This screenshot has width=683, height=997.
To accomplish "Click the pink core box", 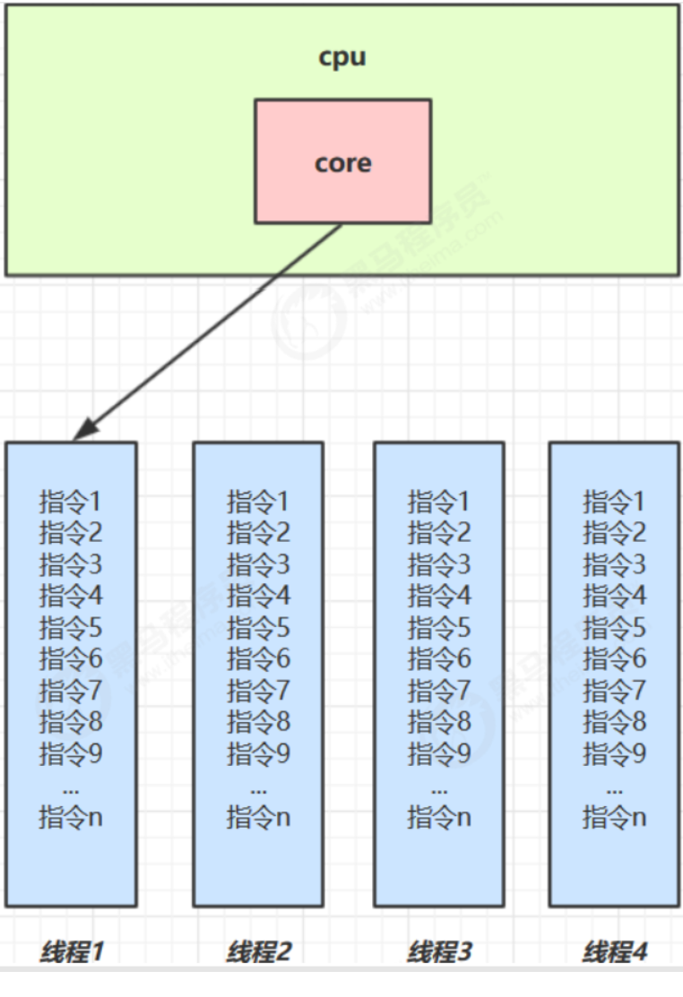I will pyautogui.click(x=342, y=161).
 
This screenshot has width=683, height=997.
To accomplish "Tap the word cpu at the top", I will pyautogui.click(x=342, y=57).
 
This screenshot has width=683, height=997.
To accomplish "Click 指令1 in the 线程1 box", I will pyautogui.click(x=71, y=501).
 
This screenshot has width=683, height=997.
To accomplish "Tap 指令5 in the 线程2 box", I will pyautogui.click(x=258, y=627).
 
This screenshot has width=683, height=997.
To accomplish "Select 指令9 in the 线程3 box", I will pyautogui.click(x=438, y=753).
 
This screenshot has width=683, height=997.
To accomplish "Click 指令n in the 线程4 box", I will pyautogui.click(x=614, y=817).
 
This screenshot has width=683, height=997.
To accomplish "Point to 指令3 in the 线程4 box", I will pyautogui.click(x=614, y=564).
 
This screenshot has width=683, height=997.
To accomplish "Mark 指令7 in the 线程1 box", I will pyautogui.click(x=71, y=691).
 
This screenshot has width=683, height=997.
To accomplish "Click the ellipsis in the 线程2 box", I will pyautogui.click(x=258, y=789).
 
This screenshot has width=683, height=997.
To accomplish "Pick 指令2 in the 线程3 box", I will pyautogui.click(x=438, y=533).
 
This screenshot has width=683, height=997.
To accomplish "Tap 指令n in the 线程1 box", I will pyautogui.click(x=71, y=817).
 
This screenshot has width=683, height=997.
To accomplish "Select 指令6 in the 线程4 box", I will pyautogui.click(x=614, y=659).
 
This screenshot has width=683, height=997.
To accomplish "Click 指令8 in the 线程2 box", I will pyautogui.click(x=258, y=722).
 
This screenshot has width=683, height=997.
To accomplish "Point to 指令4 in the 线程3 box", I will pyautogui.click(x=438, y=596).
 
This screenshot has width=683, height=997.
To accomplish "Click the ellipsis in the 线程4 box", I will pyautogui.click(x=614, y=789).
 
